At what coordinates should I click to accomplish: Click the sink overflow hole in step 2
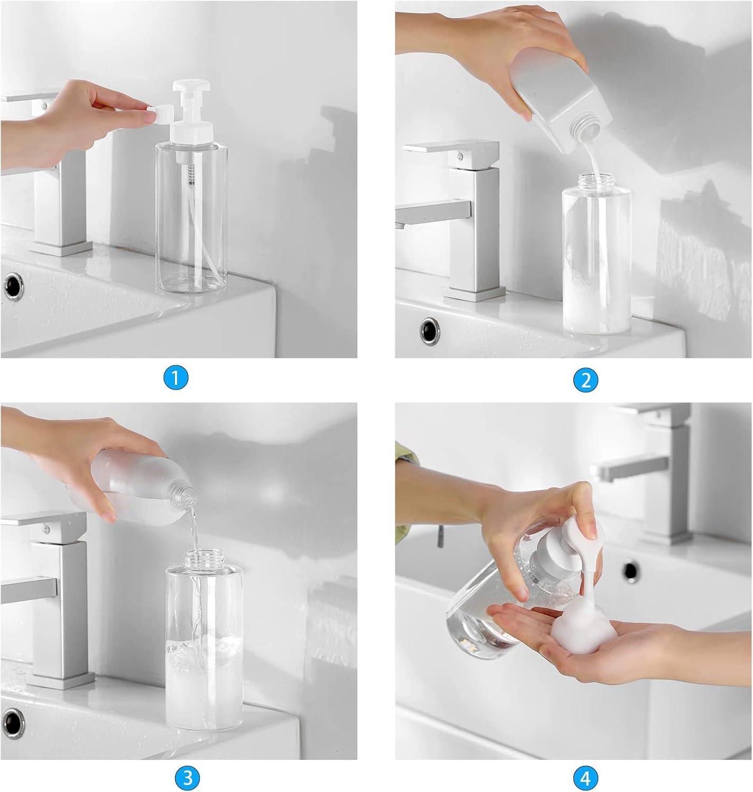tap(429, 332)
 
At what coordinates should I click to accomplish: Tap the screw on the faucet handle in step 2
tap(460, 155)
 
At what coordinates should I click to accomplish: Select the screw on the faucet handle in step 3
tap(49, 527)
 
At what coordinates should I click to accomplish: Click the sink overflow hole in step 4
tap(630, 570)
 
